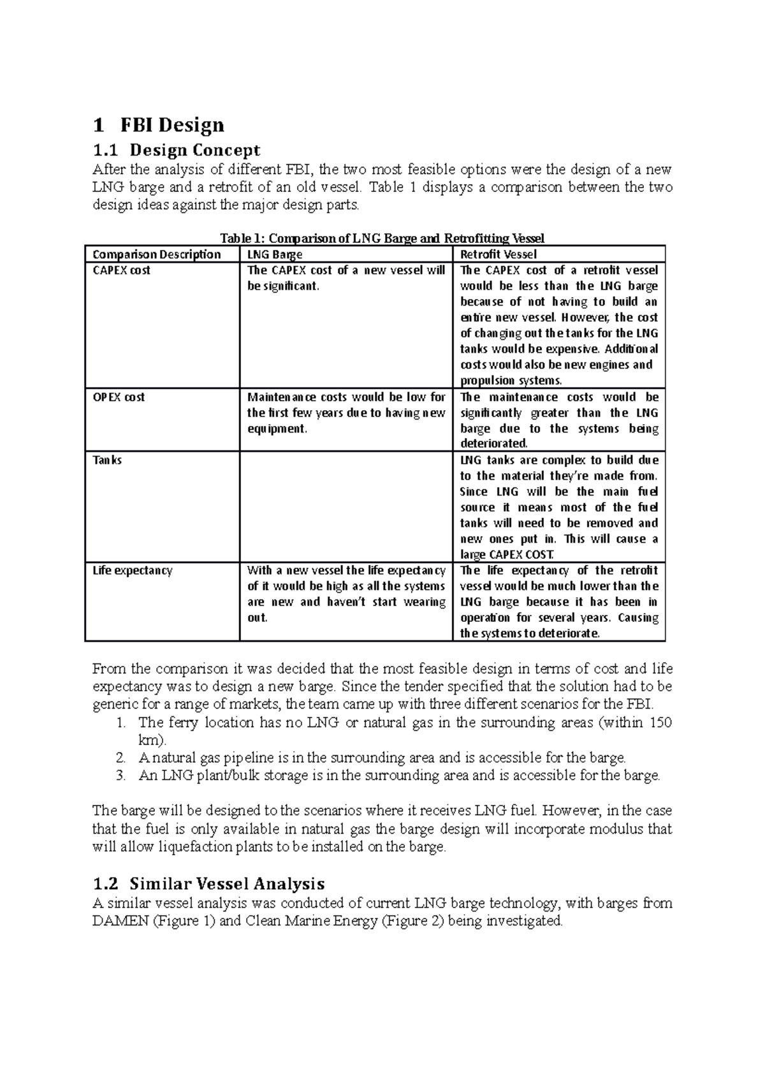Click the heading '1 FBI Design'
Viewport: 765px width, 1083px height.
[158, 124]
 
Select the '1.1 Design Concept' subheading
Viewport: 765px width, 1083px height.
[176, 151]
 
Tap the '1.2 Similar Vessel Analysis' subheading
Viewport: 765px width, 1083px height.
[208, 883]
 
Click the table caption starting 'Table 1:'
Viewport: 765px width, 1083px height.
[382, 239]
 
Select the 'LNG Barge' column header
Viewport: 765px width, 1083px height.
[274, 254]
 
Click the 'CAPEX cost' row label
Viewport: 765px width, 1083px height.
[122, 270]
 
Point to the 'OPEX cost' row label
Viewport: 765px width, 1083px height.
[119, 397]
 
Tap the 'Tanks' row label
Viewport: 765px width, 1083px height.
[107, 460]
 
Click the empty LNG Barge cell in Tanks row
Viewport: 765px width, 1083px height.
[346, 507]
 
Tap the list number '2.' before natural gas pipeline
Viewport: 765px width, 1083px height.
[122, 758]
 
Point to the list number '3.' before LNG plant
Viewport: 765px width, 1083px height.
[122, 776]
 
